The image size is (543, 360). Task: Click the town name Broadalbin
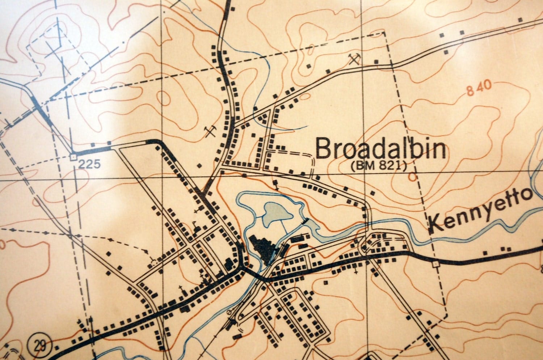380,149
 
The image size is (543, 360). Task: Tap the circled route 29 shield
38,345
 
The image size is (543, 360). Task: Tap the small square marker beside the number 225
73,157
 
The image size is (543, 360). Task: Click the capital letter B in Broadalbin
323,149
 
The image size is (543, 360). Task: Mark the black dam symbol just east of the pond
304,220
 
